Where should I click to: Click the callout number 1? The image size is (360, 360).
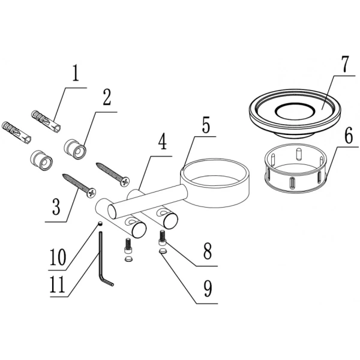point(76,73)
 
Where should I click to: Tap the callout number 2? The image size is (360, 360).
point(106,97)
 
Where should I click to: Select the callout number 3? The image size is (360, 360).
point(56,206)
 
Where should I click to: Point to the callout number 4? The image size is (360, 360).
point(162,141)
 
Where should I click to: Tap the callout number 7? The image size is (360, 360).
point(344,64)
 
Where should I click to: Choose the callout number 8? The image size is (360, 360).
point(208,251)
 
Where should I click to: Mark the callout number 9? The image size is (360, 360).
point(208,289)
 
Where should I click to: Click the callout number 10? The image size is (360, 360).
point(58,257)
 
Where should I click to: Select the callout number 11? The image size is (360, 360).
point(58,284)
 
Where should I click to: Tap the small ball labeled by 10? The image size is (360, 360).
point(100,224)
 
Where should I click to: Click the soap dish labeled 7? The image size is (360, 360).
point(295,113)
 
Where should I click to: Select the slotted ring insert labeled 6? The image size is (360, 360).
point(295,168)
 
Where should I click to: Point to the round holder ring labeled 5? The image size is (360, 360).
point(215,183)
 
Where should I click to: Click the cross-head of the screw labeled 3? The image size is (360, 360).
point(91,193)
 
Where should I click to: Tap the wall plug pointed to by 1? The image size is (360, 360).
point(46,122)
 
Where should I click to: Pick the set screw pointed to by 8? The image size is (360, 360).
point(162,238)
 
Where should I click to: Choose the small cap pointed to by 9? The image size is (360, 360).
point(163,251)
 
